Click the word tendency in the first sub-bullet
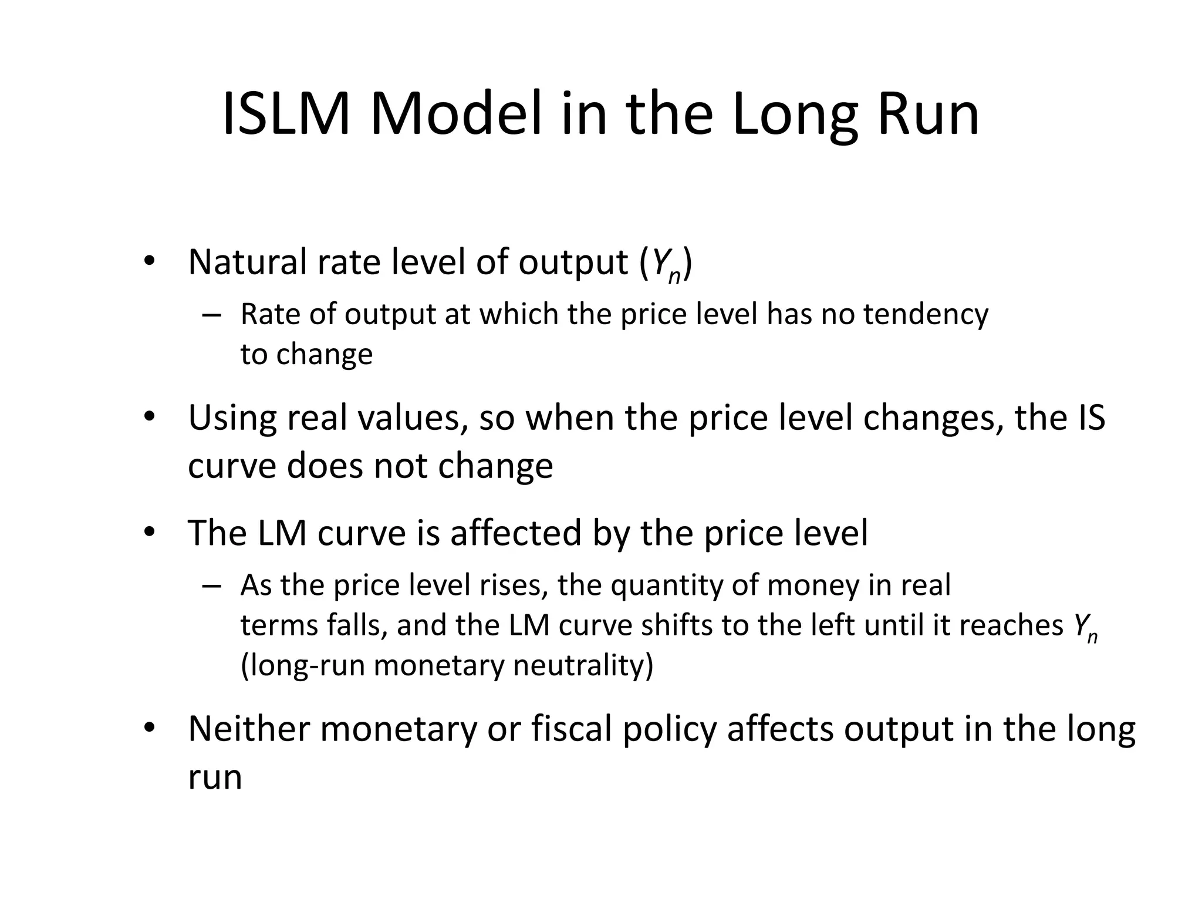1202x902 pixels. coord(926,315)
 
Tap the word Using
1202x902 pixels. coord(232,419)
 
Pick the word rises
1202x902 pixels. coord(514,585)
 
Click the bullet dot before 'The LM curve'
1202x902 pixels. coord(149,533)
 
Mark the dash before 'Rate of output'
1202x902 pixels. coord(211,315)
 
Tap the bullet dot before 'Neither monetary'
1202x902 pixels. coord(149,728)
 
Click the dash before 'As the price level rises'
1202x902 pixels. coord(211,585)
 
